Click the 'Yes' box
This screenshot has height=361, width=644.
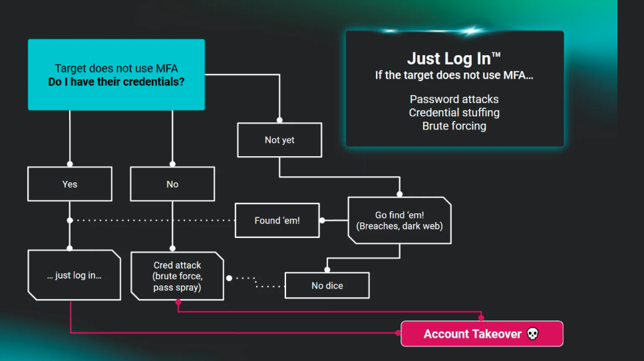[x=70, y=183]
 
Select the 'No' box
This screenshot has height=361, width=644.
[x=172, y=183]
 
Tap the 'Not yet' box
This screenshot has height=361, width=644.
[x=279, y=140]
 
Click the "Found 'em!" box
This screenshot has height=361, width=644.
[x=277, y=220]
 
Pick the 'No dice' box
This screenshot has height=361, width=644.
[x=327, y=285]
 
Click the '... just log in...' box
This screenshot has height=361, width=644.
[x=75, y=275]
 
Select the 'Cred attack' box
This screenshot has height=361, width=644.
[x=177, y=276]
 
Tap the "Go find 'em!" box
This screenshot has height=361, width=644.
[x=400, y=220]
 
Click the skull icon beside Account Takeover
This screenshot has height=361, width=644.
[x=533, y=334]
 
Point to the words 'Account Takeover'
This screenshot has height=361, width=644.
[x=472, y=334]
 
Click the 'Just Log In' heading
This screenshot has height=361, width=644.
[x=454, y=59]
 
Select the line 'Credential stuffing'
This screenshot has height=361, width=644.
[x=454, y=112]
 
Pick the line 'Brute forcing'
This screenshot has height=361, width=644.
[x=454, y=126]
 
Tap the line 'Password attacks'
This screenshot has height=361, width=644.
[x=454, y=99]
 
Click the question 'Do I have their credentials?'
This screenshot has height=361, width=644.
[x=116, y=82]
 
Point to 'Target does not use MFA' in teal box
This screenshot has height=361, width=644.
[x=116, y=68]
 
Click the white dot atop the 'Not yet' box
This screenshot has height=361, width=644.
[x=279, y=120]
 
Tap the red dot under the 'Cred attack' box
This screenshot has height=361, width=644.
[x=178, y=302]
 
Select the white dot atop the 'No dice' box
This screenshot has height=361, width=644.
[x=327, y=269]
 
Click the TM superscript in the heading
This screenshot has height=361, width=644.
[x=496, y=54]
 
